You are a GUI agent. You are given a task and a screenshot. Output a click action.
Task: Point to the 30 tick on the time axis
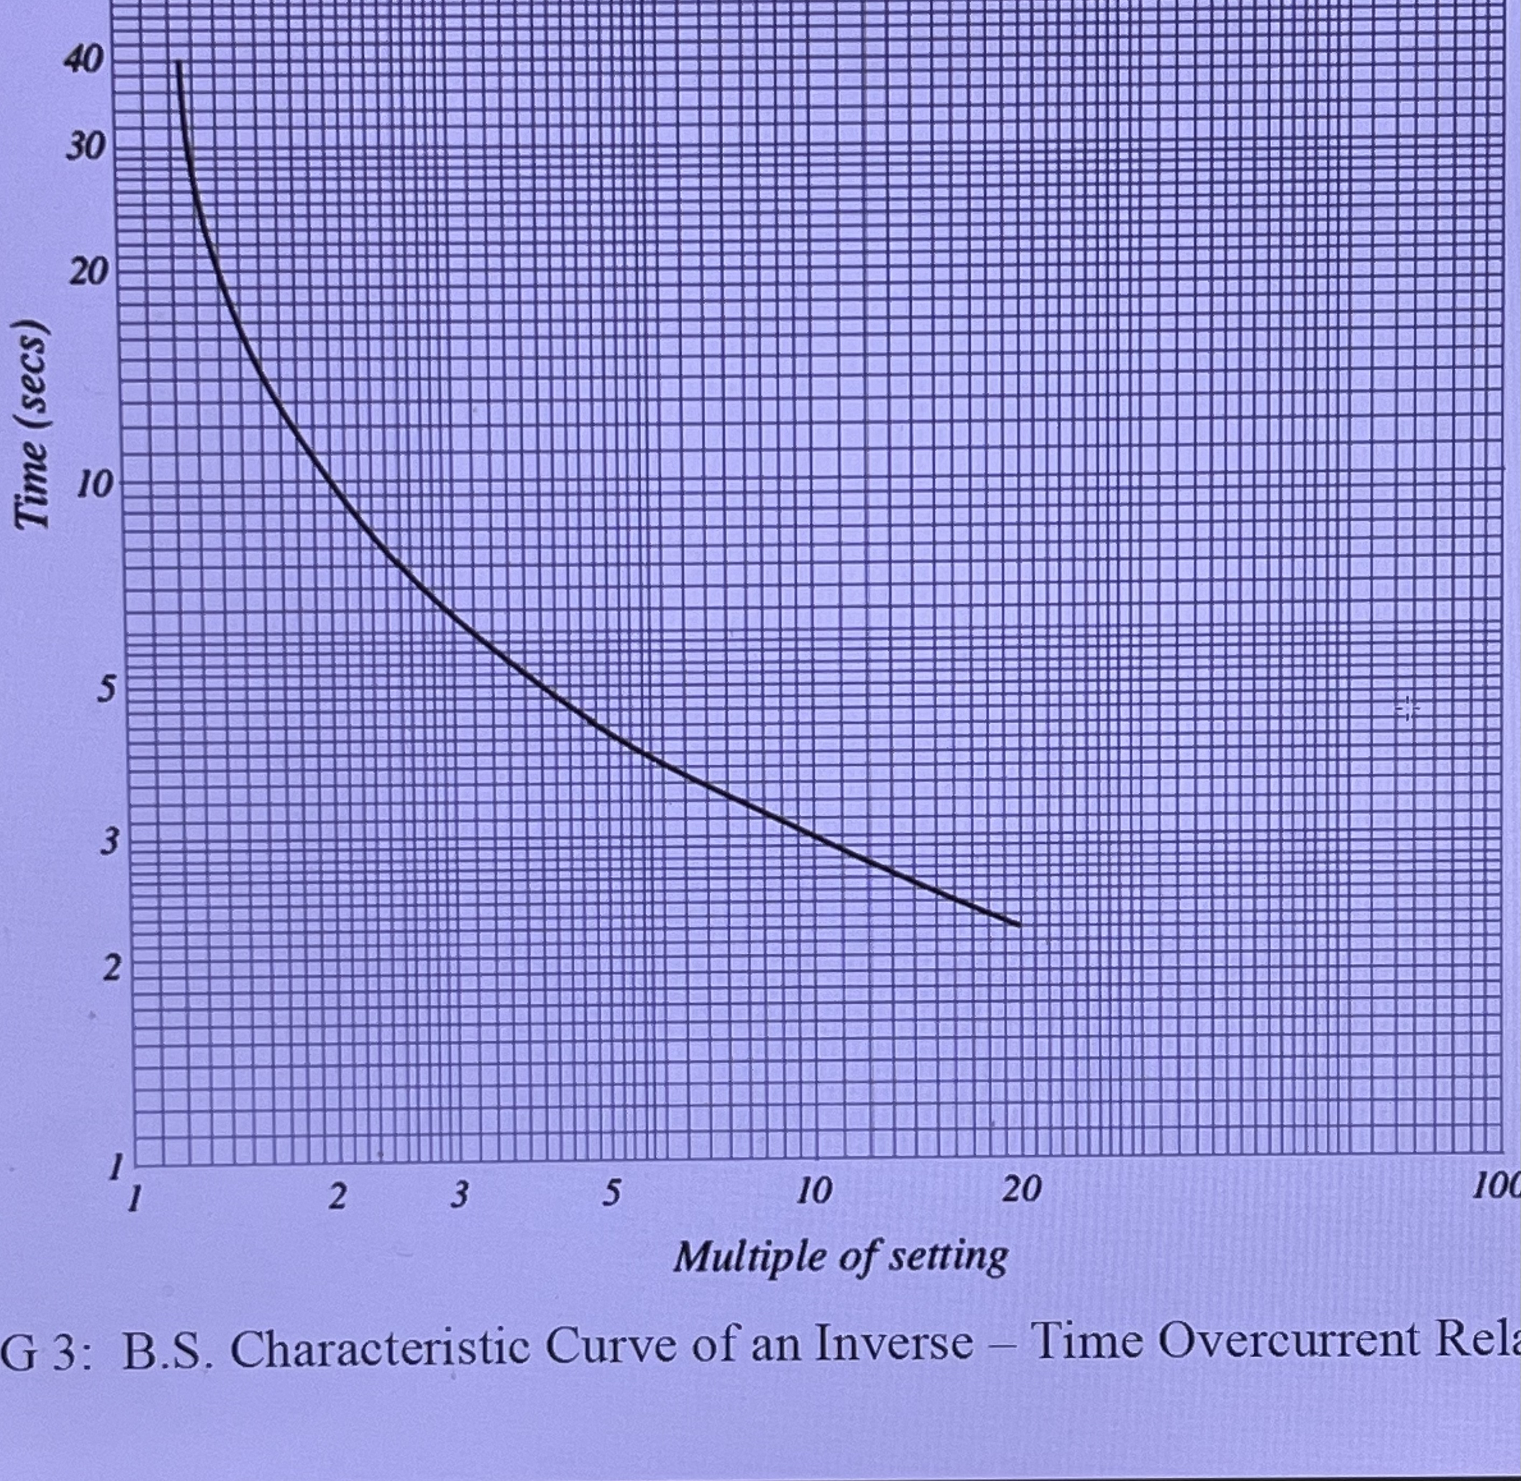[x=84, y=146]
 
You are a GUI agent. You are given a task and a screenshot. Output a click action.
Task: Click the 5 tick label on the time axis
[x=106, y=690]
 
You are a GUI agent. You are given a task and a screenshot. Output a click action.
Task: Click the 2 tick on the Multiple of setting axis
[x=336, y=1217]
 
